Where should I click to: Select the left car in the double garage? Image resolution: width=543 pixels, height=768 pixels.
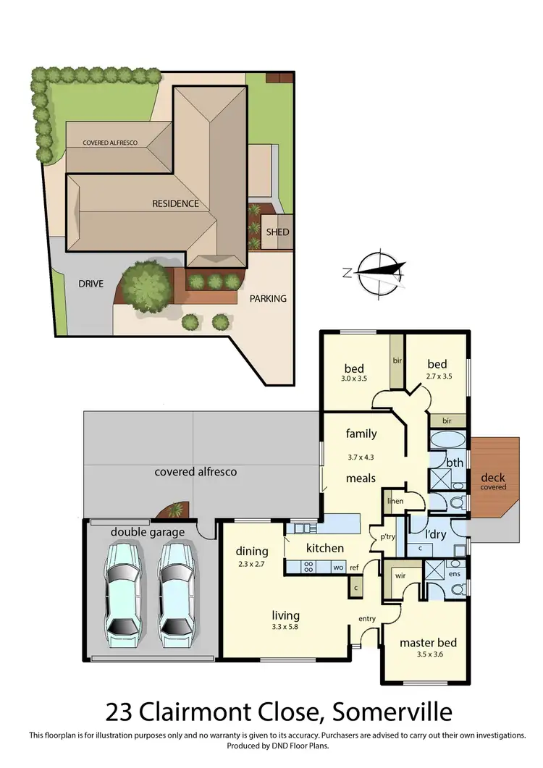[x=124, y=587]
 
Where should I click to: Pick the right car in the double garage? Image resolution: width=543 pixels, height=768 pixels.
[x=176, y=587]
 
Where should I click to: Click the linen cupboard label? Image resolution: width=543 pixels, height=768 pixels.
[x=395, y=501]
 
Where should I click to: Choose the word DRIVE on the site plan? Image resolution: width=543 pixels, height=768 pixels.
[x=91, y=283]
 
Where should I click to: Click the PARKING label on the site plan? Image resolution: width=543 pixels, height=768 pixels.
[x=268, y=298]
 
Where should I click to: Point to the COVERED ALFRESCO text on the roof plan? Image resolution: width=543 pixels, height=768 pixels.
[x=110, y=143]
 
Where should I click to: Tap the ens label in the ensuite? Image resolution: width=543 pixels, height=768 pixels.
[x=454, y=574]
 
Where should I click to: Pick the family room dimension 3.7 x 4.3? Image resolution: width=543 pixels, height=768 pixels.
[x=361, y=457]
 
